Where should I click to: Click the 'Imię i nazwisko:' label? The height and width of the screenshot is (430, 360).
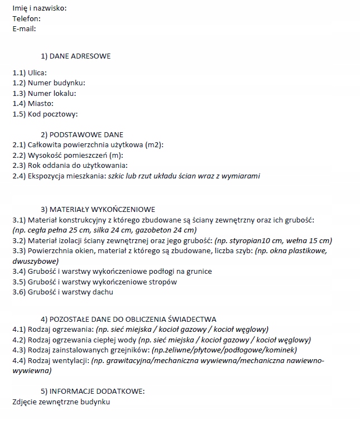point(39,8)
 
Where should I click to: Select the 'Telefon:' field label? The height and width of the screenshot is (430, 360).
point(26,18)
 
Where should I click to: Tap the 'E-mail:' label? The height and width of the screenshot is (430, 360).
point(25,28)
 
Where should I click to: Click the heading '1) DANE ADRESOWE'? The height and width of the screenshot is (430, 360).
point(75,56)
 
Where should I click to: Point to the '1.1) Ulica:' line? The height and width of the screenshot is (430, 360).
point(30,73)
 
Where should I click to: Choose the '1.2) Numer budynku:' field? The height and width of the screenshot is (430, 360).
point(49,83)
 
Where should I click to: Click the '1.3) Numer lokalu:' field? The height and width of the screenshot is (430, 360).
point(44,93)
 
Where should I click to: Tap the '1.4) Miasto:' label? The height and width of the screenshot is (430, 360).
point(33,104)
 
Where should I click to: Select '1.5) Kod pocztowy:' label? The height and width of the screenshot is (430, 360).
point(45,114)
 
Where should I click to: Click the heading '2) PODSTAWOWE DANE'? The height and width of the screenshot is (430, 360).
point(82,134)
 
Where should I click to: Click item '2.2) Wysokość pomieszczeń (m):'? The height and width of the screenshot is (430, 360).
point(68,155)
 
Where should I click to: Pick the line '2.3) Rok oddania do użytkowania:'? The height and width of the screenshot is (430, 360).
point(70,165)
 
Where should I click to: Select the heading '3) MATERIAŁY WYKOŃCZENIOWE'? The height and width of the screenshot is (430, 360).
point(98,210)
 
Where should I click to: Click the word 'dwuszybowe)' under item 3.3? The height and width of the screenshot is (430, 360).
point(35,260)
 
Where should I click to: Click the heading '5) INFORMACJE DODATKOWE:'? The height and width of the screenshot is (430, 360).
point(93,391)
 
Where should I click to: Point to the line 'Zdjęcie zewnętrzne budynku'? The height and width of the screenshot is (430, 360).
point(61,402)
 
